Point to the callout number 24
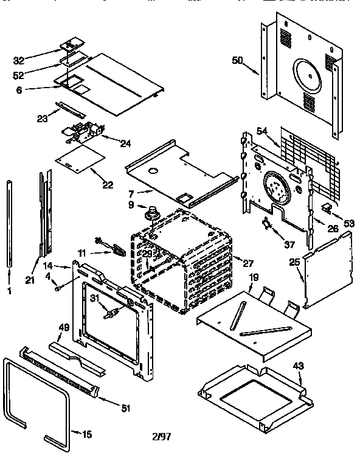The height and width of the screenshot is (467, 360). [x=125, y=144]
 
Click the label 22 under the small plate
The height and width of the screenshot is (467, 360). [x=108, y=184]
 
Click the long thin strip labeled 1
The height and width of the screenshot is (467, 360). [x=11, y=222]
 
